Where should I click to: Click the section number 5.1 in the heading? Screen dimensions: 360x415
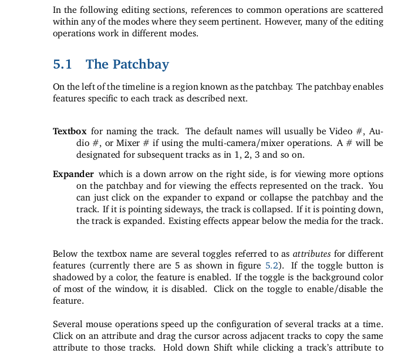pos(62,64)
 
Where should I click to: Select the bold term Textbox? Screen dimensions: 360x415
pos(69,131)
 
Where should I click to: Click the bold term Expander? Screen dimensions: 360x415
pos(73,174)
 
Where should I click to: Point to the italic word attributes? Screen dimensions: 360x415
pos(308,254)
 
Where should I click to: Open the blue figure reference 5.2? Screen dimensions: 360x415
pos(271,266)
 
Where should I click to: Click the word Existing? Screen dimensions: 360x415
pos(184,221)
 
